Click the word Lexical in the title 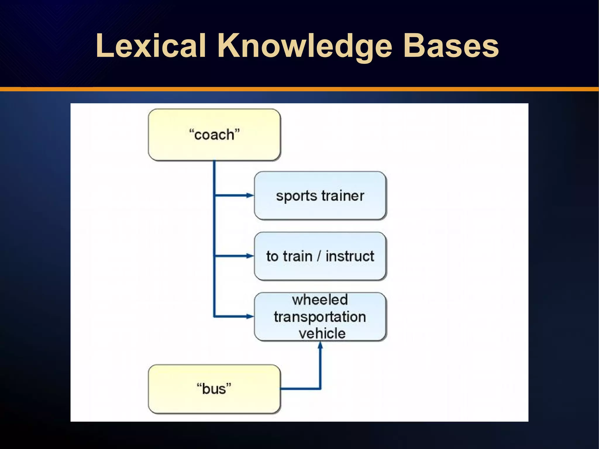click(x=151, y=46)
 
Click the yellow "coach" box click(x=214, y=135)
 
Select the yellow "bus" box click(x=214, y=389)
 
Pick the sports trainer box click(x=320, y=195)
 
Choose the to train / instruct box click(x=320, y=256)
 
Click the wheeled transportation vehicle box click(x=320, y=317)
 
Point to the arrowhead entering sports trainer click(x=250, y=195)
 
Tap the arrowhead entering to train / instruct click(x=250, y=256)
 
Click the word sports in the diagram click(x=296, y=196)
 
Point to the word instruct click(x=350, y=256)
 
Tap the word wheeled click(x=320, y=300)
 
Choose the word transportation click(x=320, y=317)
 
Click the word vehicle click(x=322, y=333)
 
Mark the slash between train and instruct click(x=319, y=256)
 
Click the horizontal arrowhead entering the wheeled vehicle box click(x=250, y=316)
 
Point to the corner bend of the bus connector click(x=320, y=389)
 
